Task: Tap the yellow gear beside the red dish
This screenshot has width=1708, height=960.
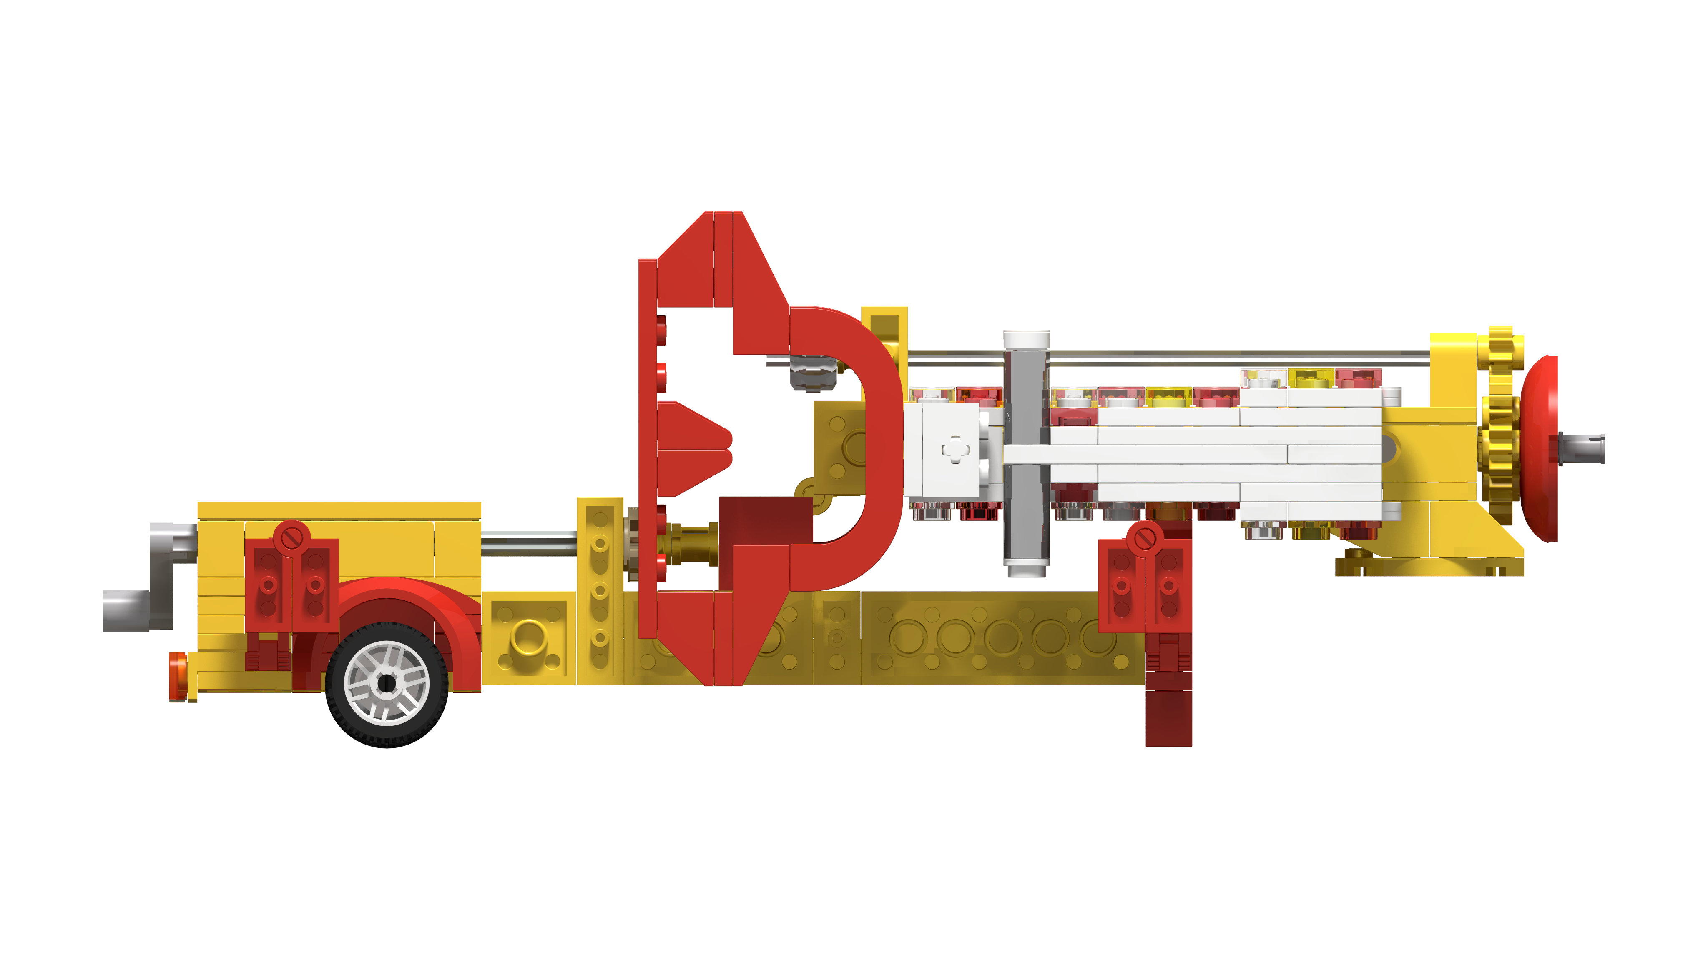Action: coord(1500,424)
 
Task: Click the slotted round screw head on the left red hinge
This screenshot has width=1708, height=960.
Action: coord(292,535)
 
